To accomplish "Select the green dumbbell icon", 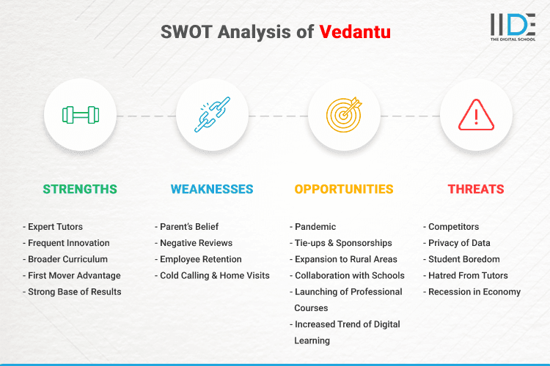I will pyautogui.click(x=80, y=115).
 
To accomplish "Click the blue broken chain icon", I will pyautogui.click(x=212, y=115).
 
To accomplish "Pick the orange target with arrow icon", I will pyautogui.click(x=344, y=115).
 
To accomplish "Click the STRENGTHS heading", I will pyautogui.click(x=80, y=189).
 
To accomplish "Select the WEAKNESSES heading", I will pyautogui.click(x=212, y=189).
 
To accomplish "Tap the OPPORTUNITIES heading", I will pyautogui.click(x=344, y=189).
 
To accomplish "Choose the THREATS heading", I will pyautogui.click(x=476, y=189).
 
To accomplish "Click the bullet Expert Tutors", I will pyautogui.click(x=55, y=227).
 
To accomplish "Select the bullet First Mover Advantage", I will pyautogui.click(x=74, y=275).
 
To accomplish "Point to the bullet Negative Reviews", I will pyautogui.click(x=197, y=243).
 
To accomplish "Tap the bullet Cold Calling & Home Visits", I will pyautogui.click(x=215, y=275).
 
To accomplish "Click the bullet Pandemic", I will pyautogui.click(x=316, y=227).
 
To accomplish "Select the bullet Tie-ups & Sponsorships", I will pyautogui.click(x=343, y=243).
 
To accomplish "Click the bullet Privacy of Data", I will pyautogui.click(x=459, y=243).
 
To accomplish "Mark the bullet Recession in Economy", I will pyautogui.click(x=474, y=291).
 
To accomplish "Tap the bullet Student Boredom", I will pyautogui.click(x=463, y=259).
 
